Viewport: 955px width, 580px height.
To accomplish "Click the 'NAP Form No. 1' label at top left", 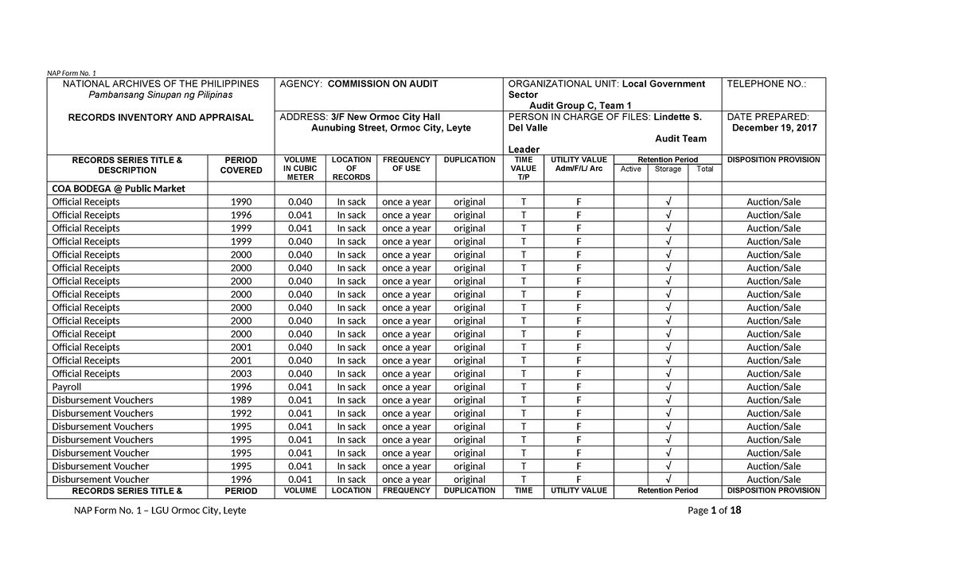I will point(72,73).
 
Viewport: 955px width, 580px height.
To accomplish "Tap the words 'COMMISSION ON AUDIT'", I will point(383,84).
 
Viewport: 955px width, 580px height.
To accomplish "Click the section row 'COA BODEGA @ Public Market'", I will point(119,189).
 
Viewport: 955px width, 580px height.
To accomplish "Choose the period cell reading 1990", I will point(240,202).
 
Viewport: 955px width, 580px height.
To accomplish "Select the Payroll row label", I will point(67,387).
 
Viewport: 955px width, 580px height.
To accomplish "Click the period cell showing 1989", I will point(240,400).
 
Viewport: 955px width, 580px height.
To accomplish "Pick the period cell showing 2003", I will point(240,374).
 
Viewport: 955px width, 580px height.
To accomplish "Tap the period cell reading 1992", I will point(240,414).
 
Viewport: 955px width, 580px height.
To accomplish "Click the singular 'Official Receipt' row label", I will point(84,334).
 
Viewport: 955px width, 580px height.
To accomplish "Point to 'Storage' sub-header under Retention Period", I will point(668,169).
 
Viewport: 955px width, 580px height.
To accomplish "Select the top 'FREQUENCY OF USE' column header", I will point(406,165).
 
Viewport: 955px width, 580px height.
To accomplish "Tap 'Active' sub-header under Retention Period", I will point(630,169).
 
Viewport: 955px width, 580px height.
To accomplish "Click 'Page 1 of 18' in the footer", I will point(714,511).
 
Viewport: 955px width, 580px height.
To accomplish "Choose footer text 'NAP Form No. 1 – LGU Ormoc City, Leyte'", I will point(160,511).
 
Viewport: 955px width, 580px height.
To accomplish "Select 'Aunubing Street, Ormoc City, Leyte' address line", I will point(391,128).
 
